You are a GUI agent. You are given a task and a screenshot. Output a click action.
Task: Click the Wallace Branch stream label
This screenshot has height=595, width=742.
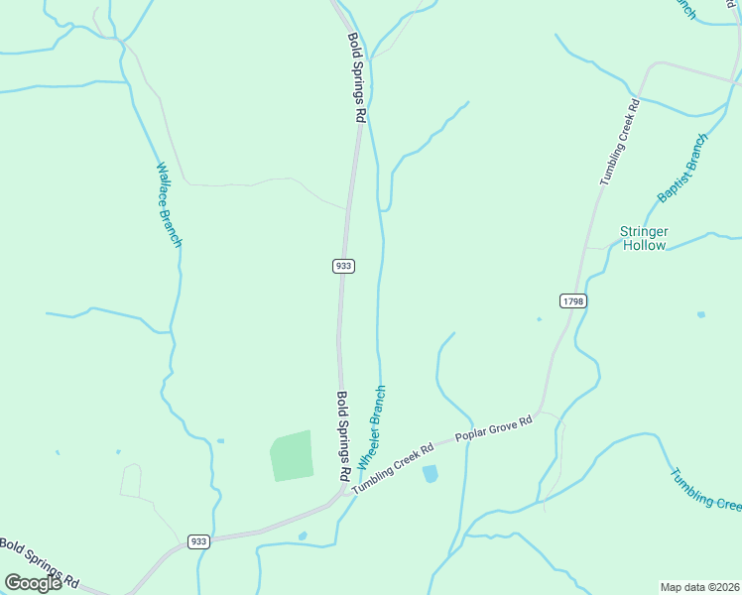[x=169, y=204]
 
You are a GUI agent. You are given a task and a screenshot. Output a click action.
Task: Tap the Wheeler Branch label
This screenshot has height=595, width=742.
[x=371, y=428]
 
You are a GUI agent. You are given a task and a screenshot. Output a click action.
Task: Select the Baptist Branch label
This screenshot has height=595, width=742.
[x=683, y=169]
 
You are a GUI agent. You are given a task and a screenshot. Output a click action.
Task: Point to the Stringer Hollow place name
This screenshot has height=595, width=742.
[x=644, y=238]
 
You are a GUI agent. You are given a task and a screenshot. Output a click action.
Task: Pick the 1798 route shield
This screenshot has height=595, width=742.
[x=572, y=300]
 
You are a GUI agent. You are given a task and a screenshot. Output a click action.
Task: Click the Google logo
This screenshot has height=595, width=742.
[x=34, y=583]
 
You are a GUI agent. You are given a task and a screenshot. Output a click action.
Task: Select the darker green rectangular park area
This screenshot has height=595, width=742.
[x=292, y=456]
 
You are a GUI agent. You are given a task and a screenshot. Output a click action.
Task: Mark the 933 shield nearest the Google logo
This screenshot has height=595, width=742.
[x=198, y=541]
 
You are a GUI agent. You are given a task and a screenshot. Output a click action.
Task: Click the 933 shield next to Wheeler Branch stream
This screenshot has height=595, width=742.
[x=343, y=266]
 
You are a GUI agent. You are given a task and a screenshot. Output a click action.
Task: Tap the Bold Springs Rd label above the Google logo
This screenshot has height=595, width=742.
[x=40, y=561]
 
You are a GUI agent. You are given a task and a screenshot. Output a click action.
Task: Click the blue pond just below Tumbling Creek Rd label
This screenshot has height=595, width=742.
[x=431, y=474]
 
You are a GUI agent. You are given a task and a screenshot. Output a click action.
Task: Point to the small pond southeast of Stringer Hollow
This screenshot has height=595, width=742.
[x=701, y=314]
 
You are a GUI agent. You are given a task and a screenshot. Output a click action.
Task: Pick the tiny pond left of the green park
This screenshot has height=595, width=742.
[x=219, y=440]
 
